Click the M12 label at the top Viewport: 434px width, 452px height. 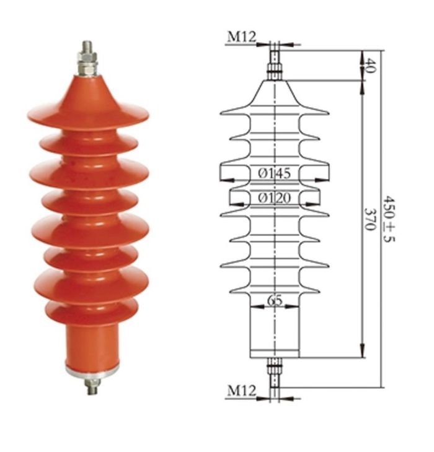pyautogui.click(x=241, y=37)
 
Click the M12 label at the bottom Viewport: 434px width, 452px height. pyautogui.click(x=241, y=391)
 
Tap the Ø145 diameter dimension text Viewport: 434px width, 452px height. pyautogui.click(x=275, y=174)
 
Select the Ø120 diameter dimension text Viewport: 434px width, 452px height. pyautogui.click(x=275, y=198)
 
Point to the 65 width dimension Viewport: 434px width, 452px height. pyautogui.click(x=275, y=301)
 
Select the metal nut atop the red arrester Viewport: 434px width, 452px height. pyautogui.click(x=87, y=64)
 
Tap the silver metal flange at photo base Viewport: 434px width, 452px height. pyautogui.click(x=92, y=371)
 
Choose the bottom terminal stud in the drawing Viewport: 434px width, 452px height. pyautogui.click(x=275, y=372)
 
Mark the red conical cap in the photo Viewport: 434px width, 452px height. pyautogui.click(x=88, y=90)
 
